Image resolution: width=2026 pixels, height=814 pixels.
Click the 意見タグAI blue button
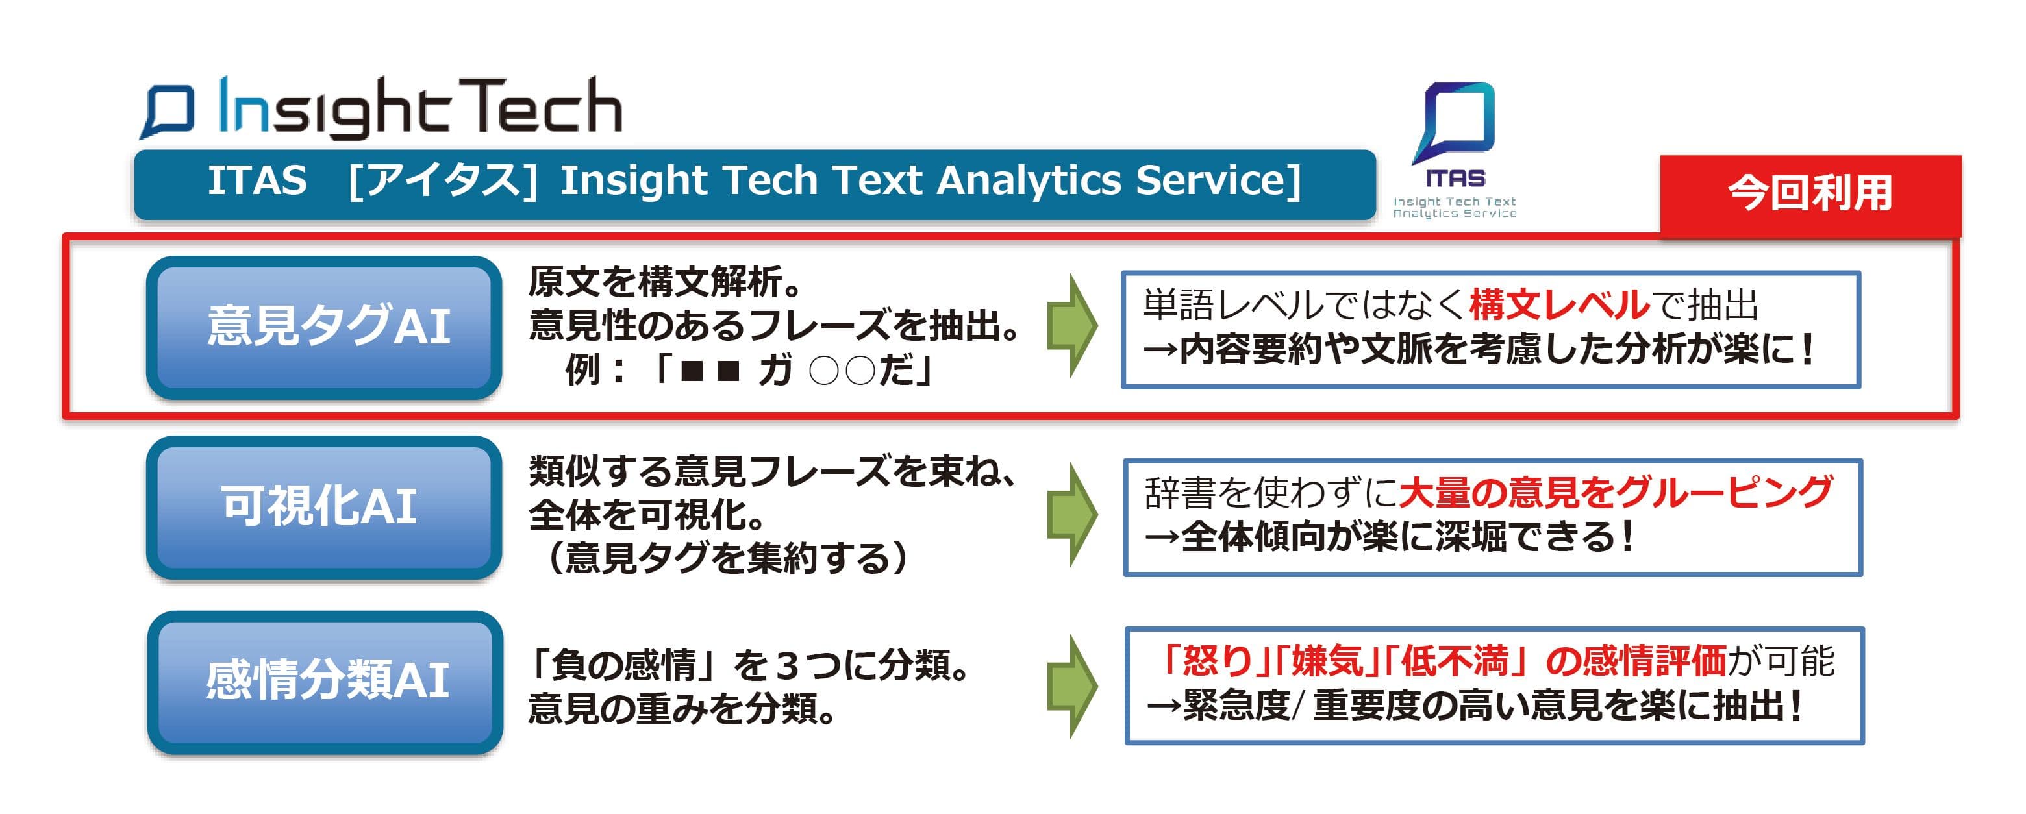pos(324,327)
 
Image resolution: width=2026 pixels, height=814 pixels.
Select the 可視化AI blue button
pos(324,507)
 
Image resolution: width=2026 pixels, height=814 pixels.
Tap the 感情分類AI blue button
pos(325,682)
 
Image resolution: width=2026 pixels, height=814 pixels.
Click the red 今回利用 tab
pos(1810,194)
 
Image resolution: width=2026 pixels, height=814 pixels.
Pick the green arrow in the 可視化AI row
pos(1073,514)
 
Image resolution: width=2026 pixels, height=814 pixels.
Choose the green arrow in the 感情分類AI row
pos(1073,686)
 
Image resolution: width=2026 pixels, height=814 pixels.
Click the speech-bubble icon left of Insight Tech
pos(168,112)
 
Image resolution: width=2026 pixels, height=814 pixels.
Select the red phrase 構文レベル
pos(1559,305)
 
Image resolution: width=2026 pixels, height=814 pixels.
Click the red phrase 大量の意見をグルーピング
pos(1616,492)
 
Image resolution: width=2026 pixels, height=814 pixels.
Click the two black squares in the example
pos(710,371)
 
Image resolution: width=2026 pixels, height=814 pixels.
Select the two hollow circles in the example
pos(842,371)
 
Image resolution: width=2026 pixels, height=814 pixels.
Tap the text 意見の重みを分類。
pos(682,709)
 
